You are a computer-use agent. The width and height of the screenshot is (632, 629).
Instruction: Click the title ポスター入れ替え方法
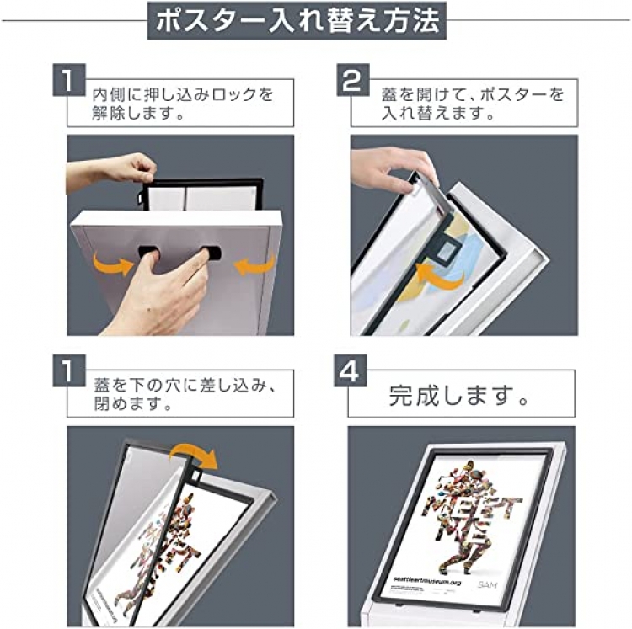point(297,20)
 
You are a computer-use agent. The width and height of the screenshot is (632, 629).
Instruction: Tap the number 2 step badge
point(353,80)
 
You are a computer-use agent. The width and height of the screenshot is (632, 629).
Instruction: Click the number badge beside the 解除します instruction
point(69,80)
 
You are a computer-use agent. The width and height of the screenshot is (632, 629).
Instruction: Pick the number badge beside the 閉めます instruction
point(69,370)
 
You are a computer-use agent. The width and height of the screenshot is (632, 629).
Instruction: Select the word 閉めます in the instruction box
point(127,403)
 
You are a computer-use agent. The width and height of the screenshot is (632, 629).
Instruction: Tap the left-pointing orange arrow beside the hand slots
point(254,264)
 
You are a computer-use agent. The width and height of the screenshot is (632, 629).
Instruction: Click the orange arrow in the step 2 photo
point(440,277)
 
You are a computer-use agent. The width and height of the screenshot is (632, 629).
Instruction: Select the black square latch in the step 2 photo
point(447,253)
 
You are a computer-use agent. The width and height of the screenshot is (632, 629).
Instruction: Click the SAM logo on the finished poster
point(487,584)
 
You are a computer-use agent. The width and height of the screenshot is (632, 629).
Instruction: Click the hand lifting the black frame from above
point(111,171)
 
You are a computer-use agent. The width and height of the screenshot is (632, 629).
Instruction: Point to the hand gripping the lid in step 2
point(392,171)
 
